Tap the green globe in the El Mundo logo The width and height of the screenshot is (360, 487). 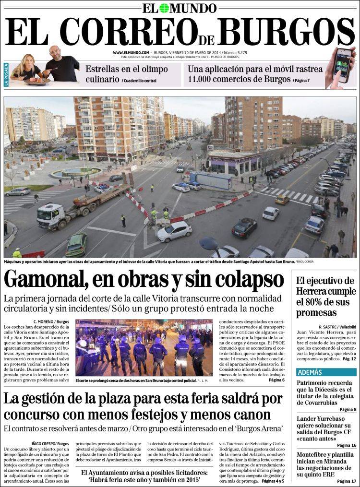[x=165, y=8]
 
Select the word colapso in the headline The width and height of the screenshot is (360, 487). [x=250, y=280]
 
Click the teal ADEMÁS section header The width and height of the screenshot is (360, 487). [x=309, y=372]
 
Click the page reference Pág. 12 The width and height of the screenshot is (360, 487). [x=347, y=358]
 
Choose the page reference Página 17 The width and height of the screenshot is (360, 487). [x=347, y=481]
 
